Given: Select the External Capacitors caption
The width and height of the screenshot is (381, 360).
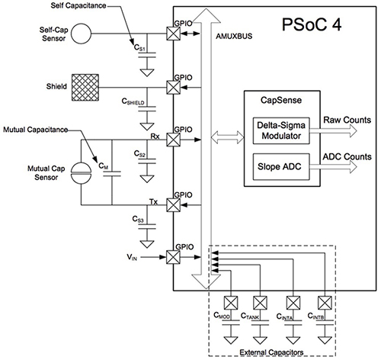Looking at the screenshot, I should pos(276,352).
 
